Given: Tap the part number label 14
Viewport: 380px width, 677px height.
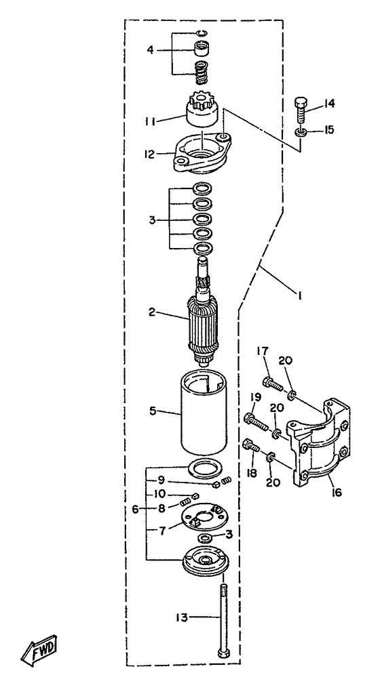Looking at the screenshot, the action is tap(328, 104).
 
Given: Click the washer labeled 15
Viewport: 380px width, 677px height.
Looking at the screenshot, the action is tap(302, 131).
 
